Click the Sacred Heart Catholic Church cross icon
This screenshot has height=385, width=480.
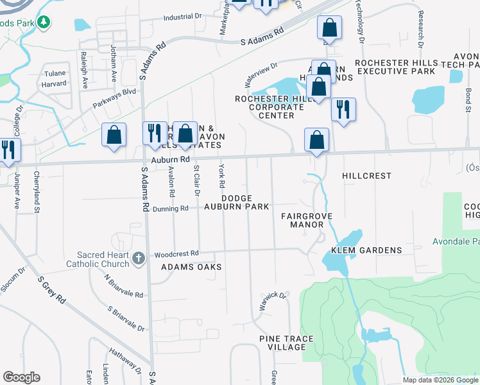(x=137, y=259)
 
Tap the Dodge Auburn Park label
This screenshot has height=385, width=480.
(x=236, y=203)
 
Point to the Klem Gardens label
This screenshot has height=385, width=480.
(x=366, y=250)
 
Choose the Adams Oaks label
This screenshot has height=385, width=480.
(x=191, y=267)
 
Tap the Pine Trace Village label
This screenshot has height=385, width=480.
(x=282, y=342)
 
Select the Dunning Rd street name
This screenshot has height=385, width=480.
(x=170, y=209)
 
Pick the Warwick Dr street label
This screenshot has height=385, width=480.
(x=272, y=300)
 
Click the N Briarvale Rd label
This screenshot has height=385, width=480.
(x=124, y=285)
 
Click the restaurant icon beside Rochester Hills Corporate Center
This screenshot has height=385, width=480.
(x=343, y=109)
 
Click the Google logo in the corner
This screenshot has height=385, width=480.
(x=21, y=377)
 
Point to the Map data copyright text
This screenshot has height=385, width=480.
(x=440, y=380)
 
